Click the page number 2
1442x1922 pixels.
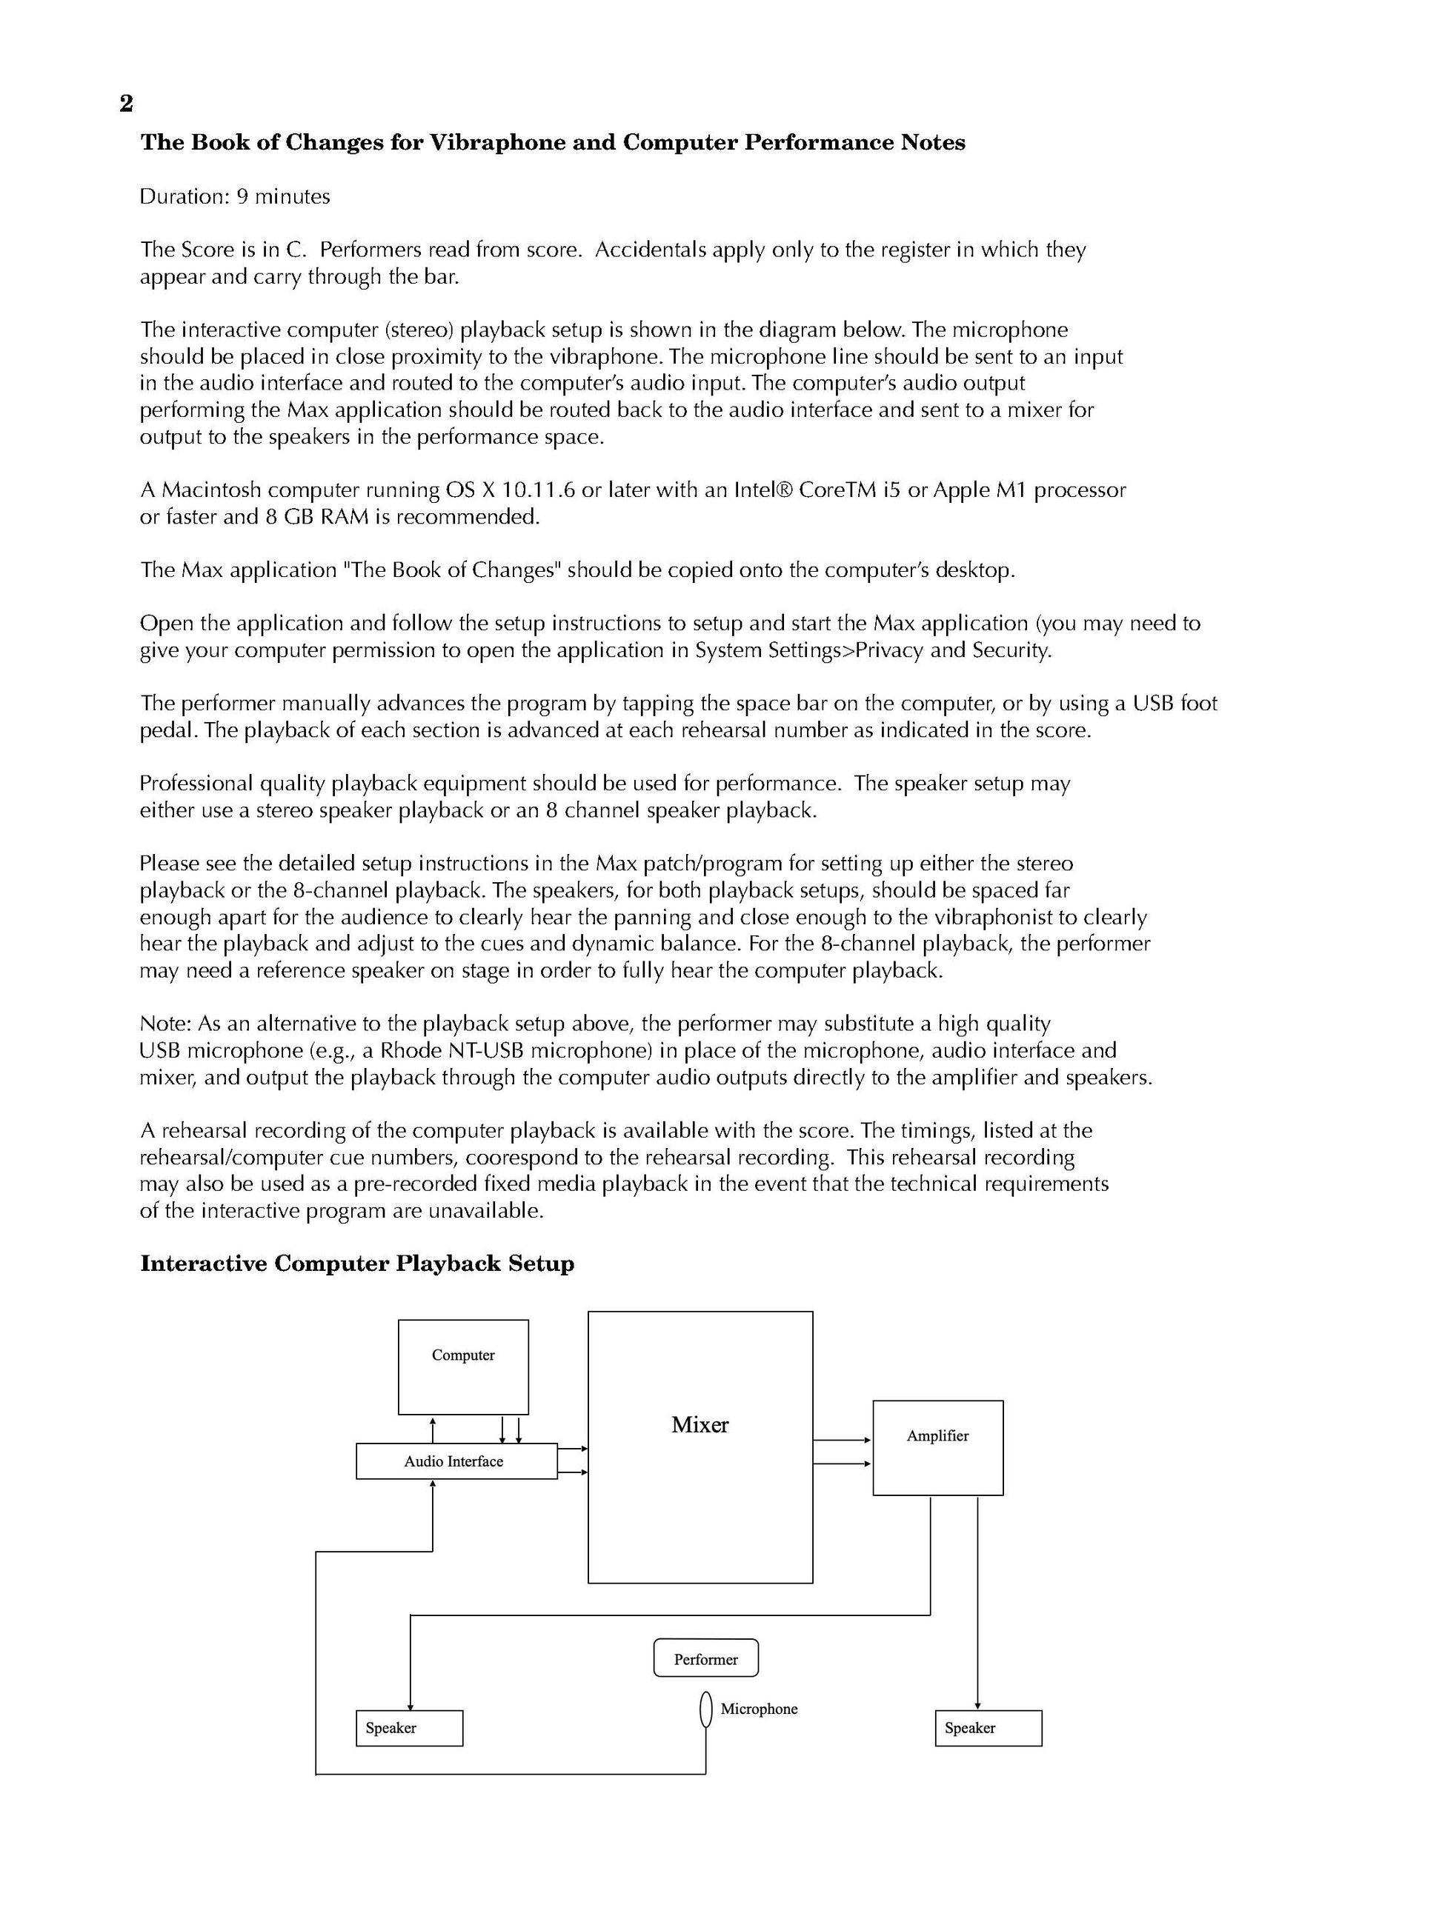pos(126,104)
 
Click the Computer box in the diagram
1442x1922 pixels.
pos(462,1367)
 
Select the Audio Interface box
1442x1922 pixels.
pos(456,1461)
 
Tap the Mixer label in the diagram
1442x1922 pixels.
pos(699,1425)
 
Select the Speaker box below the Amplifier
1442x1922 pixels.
pos(988,1727)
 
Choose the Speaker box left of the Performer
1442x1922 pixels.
pos(408,1727)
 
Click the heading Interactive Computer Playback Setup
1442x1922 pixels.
pos(356,1264)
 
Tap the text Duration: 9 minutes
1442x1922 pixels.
pos(235,196)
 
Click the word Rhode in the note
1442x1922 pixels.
pos(408,1050)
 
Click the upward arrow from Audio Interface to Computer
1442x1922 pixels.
pos(433,1429)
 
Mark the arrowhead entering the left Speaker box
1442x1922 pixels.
pos(409,1706)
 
